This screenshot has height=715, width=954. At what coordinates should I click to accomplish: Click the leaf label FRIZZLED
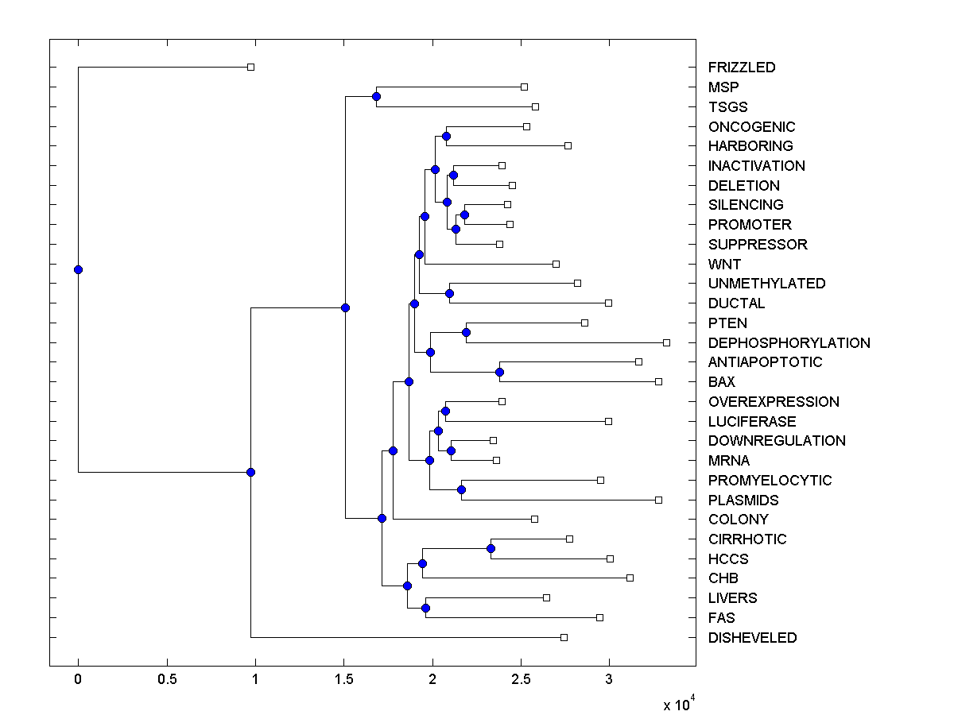(742, 68)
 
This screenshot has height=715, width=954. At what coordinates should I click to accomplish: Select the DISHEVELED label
(752, 638)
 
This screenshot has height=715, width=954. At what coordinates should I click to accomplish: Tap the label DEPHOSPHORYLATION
(789, 343)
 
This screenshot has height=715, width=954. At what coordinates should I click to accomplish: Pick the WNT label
(724, 265)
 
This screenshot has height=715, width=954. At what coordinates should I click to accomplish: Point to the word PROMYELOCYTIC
(770, 481)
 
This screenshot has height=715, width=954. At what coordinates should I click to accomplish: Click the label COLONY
(738, 520)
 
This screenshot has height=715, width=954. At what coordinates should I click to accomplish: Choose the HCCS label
(728, 559)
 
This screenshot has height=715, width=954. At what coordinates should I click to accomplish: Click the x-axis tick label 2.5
(520, 680)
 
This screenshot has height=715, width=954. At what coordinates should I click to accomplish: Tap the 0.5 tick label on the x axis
(166, 680)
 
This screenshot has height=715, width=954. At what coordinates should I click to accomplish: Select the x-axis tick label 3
(609, 680)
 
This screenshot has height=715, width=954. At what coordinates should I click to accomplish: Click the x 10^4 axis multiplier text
(679, 705)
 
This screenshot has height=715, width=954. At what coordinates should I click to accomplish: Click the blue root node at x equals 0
(78, 269)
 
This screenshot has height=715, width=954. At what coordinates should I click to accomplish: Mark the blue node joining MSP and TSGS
(376, 97)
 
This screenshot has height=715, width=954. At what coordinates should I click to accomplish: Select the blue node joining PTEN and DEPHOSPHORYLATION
(467, 332)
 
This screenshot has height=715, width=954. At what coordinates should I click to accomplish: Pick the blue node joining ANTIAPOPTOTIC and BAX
(499, 372)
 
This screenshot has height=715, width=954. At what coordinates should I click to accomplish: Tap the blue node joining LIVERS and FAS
(425, 608)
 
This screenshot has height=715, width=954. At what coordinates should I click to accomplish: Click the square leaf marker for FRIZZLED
(250, 67)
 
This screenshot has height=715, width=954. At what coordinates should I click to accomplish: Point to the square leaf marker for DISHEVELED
(564, 637)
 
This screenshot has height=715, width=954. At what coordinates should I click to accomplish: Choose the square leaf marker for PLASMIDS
(658, 500)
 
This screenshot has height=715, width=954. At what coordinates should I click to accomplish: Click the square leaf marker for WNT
(556, 264)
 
